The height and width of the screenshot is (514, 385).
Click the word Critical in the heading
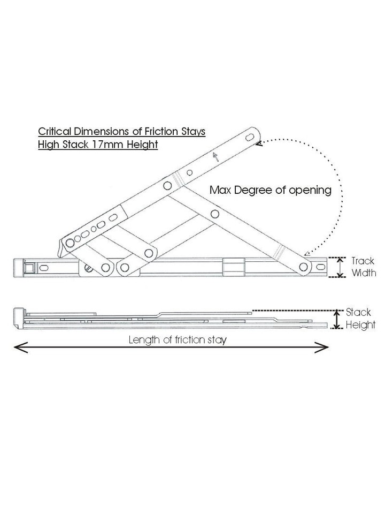54,131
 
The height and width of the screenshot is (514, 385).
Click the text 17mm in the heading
108,145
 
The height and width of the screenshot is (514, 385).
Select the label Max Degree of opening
271,190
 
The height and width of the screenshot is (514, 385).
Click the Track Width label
363,267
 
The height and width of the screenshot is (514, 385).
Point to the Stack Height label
360,319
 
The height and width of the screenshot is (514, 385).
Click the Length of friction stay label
177,340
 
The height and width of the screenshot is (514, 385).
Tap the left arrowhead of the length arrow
19,349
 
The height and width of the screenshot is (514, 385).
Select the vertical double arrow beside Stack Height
336,319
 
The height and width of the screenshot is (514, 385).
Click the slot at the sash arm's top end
250,138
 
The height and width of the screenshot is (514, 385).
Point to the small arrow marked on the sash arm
215,156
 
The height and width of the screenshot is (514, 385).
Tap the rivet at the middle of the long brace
215,214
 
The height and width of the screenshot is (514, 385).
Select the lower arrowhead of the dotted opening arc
305,255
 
